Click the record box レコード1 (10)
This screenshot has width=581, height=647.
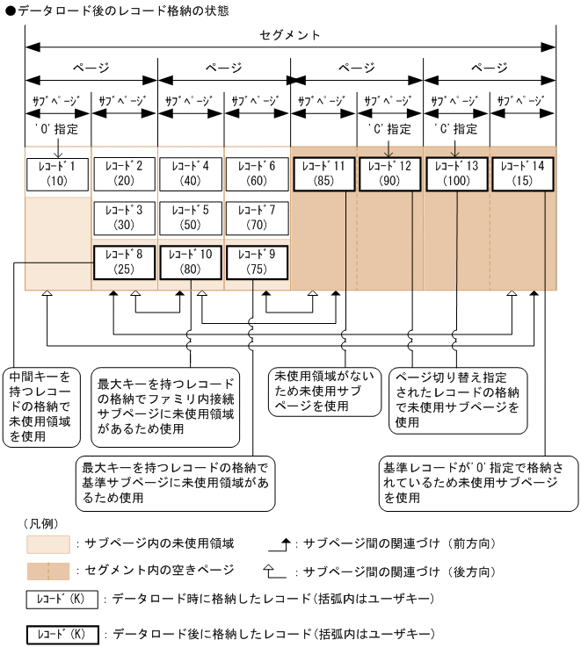[x=57, y=174]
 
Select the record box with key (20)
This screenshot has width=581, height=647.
[x=124, y=174]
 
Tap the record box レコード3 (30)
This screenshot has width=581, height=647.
[x=124, y=218]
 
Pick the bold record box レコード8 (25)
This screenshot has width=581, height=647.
[x=124, y=262]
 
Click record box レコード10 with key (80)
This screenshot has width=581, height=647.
[x=191, y=262]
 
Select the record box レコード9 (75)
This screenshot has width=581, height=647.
[x=257, y=262]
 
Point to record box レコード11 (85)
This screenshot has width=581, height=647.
[x=323, y=174]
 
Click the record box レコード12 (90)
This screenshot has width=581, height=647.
[x=390, y=174]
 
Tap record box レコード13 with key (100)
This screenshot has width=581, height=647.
[x=457, y=174]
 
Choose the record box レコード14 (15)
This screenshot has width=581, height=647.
[x=523, y=174]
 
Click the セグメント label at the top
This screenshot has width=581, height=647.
[x=291, y=35]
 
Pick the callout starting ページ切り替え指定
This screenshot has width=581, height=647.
[x=458, y=398]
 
